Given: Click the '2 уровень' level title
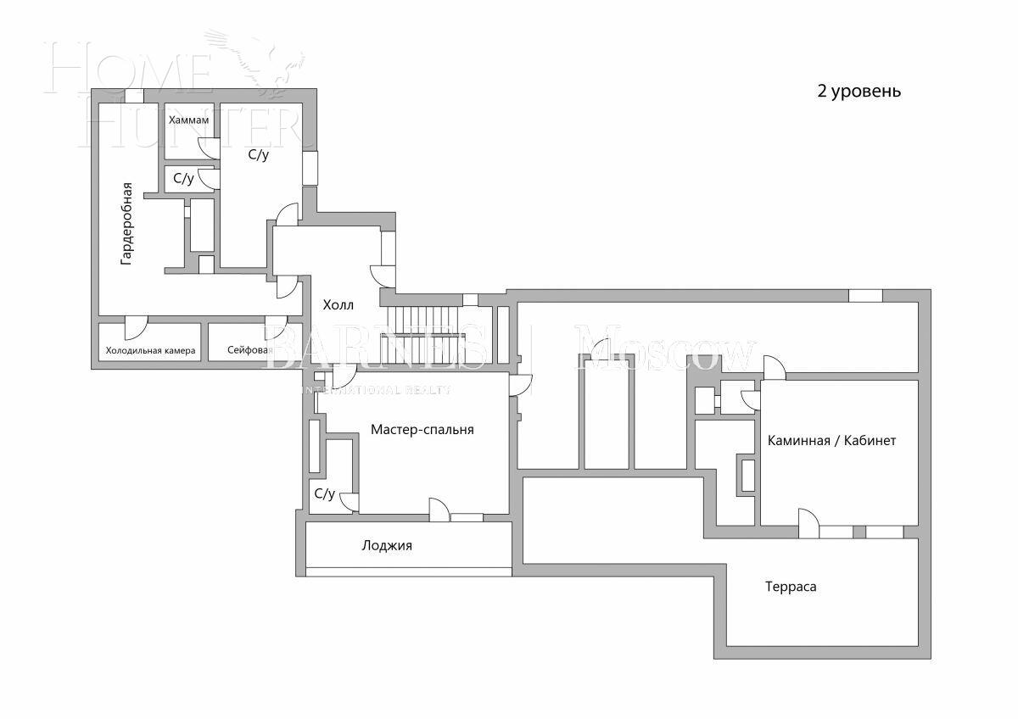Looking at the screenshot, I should (859, 92).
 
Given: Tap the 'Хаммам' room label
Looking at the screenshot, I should (188, 120).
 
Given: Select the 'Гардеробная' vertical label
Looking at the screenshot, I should (126, 224).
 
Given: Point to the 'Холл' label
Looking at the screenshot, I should (338, 304).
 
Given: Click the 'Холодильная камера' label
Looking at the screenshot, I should (150, 350).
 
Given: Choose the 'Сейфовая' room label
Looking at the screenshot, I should (250, 350).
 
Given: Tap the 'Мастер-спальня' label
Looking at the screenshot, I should (422, 429).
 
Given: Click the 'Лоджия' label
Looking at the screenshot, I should (387, 545).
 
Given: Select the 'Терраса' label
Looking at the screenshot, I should (791, 586).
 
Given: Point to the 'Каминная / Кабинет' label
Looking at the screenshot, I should (831, 441).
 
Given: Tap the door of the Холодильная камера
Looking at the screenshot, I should (136, 328).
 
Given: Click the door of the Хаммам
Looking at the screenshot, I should (209, 147).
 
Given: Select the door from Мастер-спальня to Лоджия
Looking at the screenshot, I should (439, 510).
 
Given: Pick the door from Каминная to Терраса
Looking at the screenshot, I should (808, 524).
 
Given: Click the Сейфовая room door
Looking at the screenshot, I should (277, 328).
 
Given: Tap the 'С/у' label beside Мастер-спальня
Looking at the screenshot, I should (324, 493).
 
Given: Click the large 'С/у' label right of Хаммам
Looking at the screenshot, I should (259, 155).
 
